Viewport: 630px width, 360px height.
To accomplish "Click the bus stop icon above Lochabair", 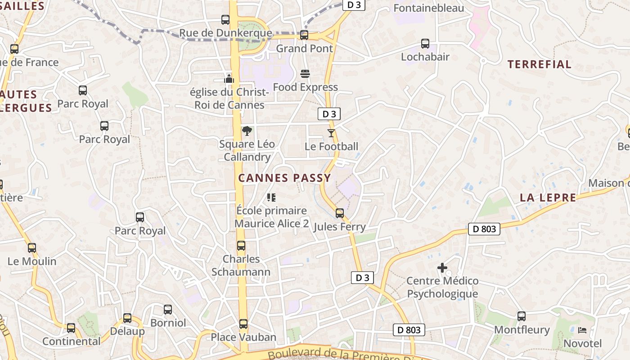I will (x=425, y=44).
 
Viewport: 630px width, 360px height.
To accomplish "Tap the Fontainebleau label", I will (x=428, y=8).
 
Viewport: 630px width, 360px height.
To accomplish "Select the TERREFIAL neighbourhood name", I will (x=540, y=64).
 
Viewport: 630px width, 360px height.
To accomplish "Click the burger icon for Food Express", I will (x=305, y=74).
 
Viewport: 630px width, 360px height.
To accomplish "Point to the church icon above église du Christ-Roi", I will (x=229, y=79).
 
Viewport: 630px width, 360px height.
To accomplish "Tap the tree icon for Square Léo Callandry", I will (x=247, y=131).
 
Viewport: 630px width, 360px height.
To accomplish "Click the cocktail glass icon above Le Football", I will (x=331, y=133).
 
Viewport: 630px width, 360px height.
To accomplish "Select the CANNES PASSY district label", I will (x=284, y=178).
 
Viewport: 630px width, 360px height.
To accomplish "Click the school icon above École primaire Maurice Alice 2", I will (x=271, y=197).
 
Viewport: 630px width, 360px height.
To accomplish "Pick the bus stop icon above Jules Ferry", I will (x=340, y=213).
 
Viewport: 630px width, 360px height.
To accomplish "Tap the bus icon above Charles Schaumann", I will (x=241, y=246).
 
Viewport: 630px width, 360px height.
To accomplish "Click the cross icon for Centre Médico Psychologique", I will (x=442, y=268).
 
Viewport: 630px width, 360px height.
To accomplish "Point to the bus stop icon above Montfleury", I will (x=522, y=316).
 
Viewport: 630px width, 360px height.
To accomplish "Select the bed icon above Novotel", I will (x=582, y=330).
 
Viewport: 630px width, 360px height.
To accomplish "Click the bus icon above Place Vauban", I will (x=243, y=324).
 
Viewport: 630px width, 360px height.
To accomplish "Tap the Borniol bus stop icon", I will (x=168, y=310).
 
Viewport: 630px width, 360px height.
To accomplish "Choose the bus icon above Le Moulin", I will (x=32, y=248).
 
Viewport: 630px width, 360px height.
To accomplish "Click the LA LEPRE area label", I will (x=548, y=198).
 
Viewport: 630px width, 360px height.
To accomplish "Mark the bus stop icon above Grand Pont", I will (x=304, y=35).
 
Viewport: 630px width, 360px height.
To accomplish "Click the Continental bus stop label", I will (x=72, y=341).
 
